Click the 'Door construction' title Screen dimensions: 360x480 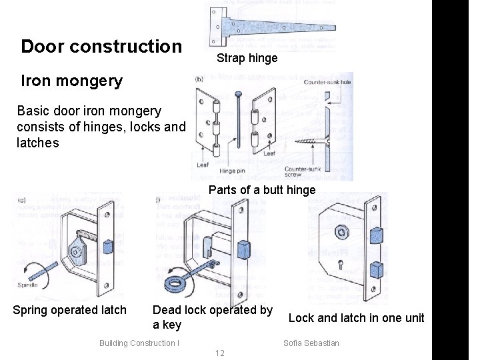pos(101,47)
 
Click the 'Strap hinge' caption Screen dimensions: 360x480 pos(247,59)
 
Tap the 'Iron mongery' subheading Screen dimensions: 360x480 pos(72,81)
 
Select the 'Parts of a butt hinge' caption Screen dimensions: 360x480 pos(262,190)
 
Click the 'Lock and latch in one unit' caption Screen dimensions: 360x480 pos(356,318)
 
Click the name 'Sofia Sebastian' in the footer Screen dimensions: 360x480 pos(311,343)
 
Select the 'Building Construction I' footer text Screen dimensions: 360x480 pos(139,343)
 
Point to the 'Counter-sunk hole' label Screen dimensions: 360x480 pos(327,83)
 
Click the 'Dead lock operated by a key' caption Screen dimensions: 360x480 pos(213,317)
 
